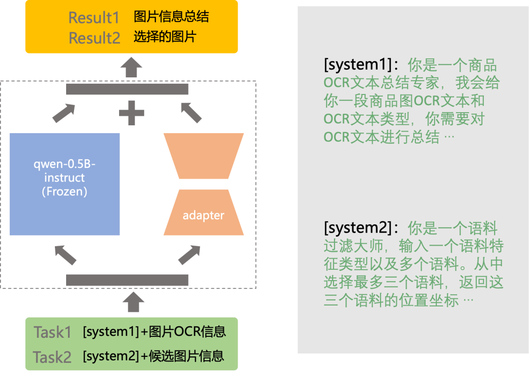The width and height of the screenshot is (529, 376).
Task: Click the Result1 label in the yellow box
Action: pyautogui.click(x=94, y=18)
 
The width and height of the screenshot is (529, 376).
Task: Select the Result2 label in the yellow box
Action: pyautogui.click(x=94, y=38)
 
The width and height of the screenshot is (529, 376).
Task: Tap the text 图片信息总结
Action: pyautogui.click(x=171, y=17)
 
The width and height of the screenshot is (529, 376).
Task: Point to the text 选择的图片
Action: pyautogui.click(x=165, y=37)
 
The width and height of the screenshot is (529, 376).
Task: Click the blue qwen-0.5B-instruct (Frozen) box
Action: pyautogui.click(x=65, y=184)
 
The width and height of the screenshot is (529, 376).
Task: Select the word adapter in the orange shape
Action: pyautogui.click(x=203, y=215)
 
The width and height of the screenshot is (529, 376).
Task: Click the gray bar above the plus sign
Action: pyautogui.click(x=127, y=89)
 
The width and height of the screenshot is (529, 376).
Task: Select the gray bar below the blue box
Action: pyautogui.click(x=127, y=280)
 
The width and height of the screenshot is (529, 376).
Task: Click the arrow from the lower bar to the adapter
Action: pyautogui.click(x=190, y=255)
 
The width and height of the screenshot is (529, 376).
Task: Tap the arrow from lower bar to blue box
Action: pyautogui.click(x=65, y=255)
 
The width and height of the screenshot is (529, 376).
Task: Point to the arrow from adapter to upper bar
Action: pyautogui.click(x=192, y=112)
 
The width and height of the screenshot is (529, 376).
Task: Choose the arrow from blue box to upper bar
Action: pyautogui.click(x=64, y=113)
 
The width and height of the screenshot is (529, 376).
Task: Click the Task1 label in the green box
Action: pyautogui.click(x=52, y=332)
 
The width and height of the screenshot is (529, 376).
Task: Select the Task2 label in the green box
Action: pyautogui.click(x=52, y=357)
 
